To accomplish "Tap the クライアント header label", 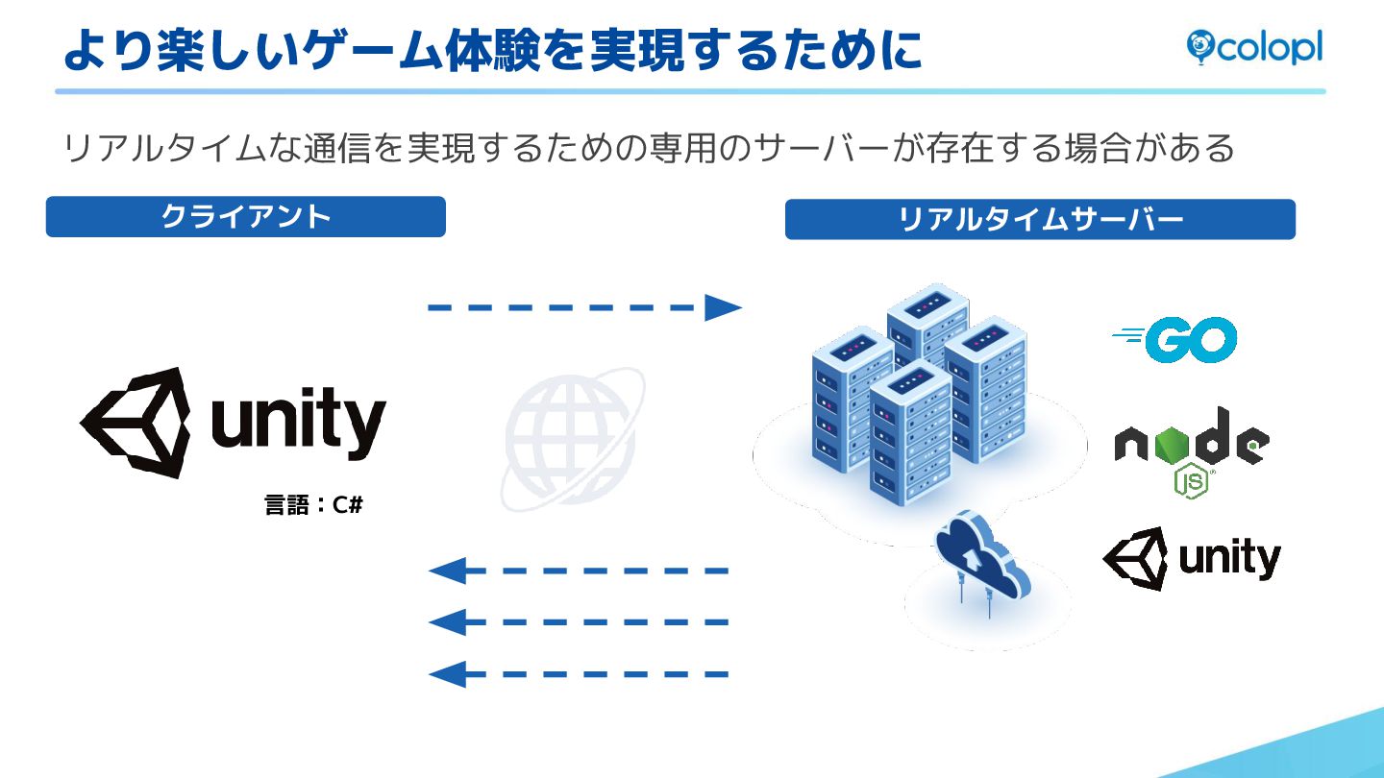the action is [x=246, y=216].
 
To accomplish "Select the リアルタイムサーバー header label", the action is [x=1040, y=220].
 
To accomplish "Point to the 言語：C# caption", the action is [x=313, y=505].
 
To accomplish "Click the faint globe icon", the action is [x=571, y=438].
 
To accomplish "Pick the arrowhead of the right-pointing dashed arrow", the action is [x=723, y=307].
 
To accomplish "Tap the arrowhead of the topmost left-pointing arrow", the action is [x=448, y=571].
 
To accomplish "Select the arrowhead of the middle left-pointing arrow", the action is [x=448, y=622].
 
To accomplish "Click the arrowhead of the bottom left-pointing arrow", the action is [x=448, y=674].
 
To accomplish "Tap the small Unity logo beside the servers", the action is [x=1192, y=558].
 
